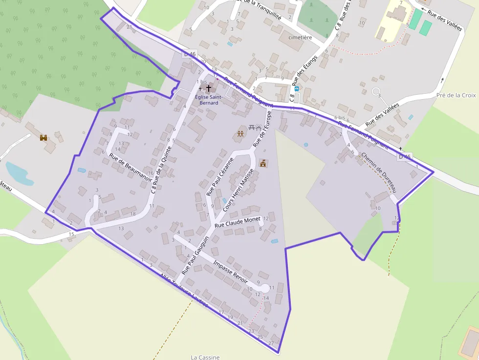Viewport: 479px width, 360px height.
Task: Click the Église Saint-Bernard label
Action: tap(209, 100)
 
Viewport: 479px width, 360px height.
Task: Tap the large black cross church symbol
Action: tap(209, 88)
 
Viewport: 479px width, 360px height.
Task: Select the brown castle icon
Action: tap(44, 138)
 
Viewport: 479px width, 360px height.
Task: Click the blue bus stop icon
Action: tap(296, 89)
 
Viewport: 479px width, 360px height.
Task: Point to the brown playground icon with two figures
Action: tap(240, 133)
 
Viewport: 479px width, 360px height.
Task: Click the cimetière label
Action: tap(301, 37)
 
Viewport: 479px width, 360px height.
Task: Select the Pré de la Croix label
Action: tap(456, 95)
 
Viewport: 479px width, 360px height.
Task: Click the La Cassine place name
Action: tap(205, 357)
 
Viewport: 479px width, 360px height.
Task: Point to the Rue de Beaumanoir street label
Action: tap(130, 168)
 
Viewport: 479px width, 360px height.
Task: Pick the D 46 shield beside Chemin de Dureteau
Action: tap(404, 157)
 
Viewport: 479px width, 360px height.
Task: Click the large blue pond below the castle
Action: tap(19, 173)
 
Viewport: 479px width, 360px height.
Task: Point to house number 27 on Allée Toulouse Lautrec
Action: tap(271, 343)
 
